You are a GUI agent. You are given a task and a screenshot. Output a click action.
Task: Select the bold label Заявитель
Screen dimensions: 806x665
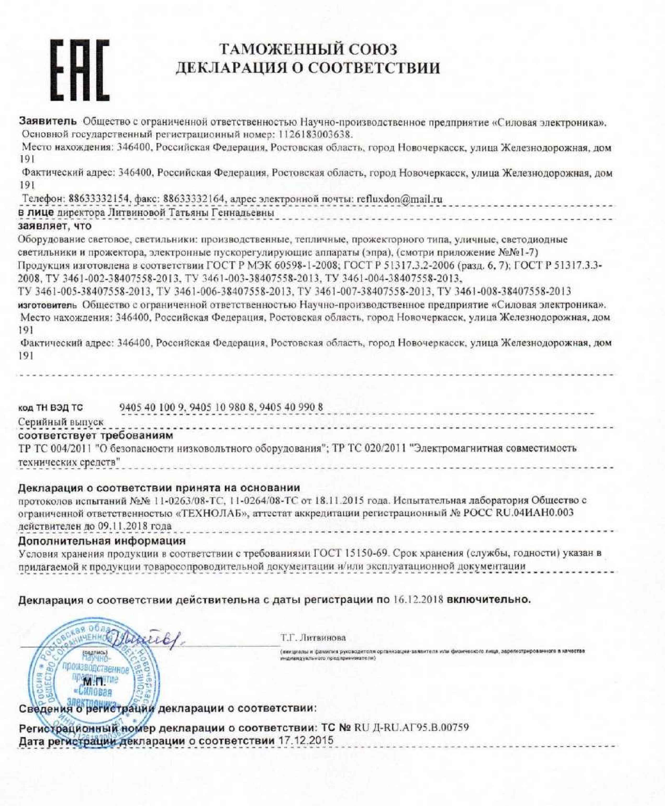pos(48,121)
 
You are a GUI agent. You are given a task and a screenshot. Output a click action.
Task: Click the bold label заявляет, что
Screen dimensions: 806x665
pos(55,226)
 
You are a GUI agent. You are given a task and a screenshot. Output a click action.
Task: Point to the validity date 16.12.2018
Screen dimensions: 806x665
pos(418,600)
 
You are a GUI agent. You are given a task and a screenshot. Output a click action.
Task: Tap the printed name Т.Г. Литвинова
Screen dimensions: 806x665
pos(313,638)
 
